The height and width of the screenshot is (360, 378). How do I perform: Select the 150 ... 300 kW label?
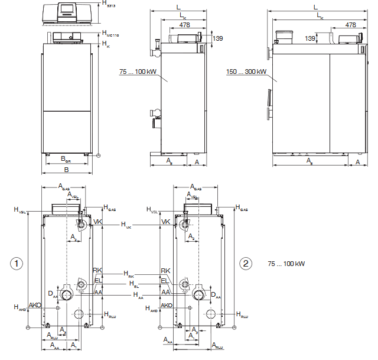[x=246, y=72]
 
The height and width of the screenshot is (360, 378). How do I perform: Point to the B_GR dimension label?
[x=66, y=160]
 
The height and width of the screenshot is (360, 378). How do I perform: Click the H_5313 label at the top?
[x=108, y=4]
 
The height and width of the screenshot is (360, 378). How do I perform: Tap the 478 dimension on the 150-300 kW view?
[x=350, y=25]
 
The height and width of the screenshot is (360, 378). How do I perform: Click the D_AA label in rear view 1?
[x=53, y=293]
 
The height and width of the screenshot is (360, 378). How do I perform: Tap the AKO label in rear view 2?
[x=167, y=306]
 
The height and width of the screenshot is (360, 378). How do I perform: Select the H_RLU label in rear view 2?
[x=242, y=314]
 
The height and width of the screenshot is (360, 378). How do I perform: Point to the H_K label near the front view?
[x=106, y=44]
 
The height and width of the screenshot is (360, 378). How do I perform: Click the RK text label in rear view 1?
[x=97, y=270]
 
